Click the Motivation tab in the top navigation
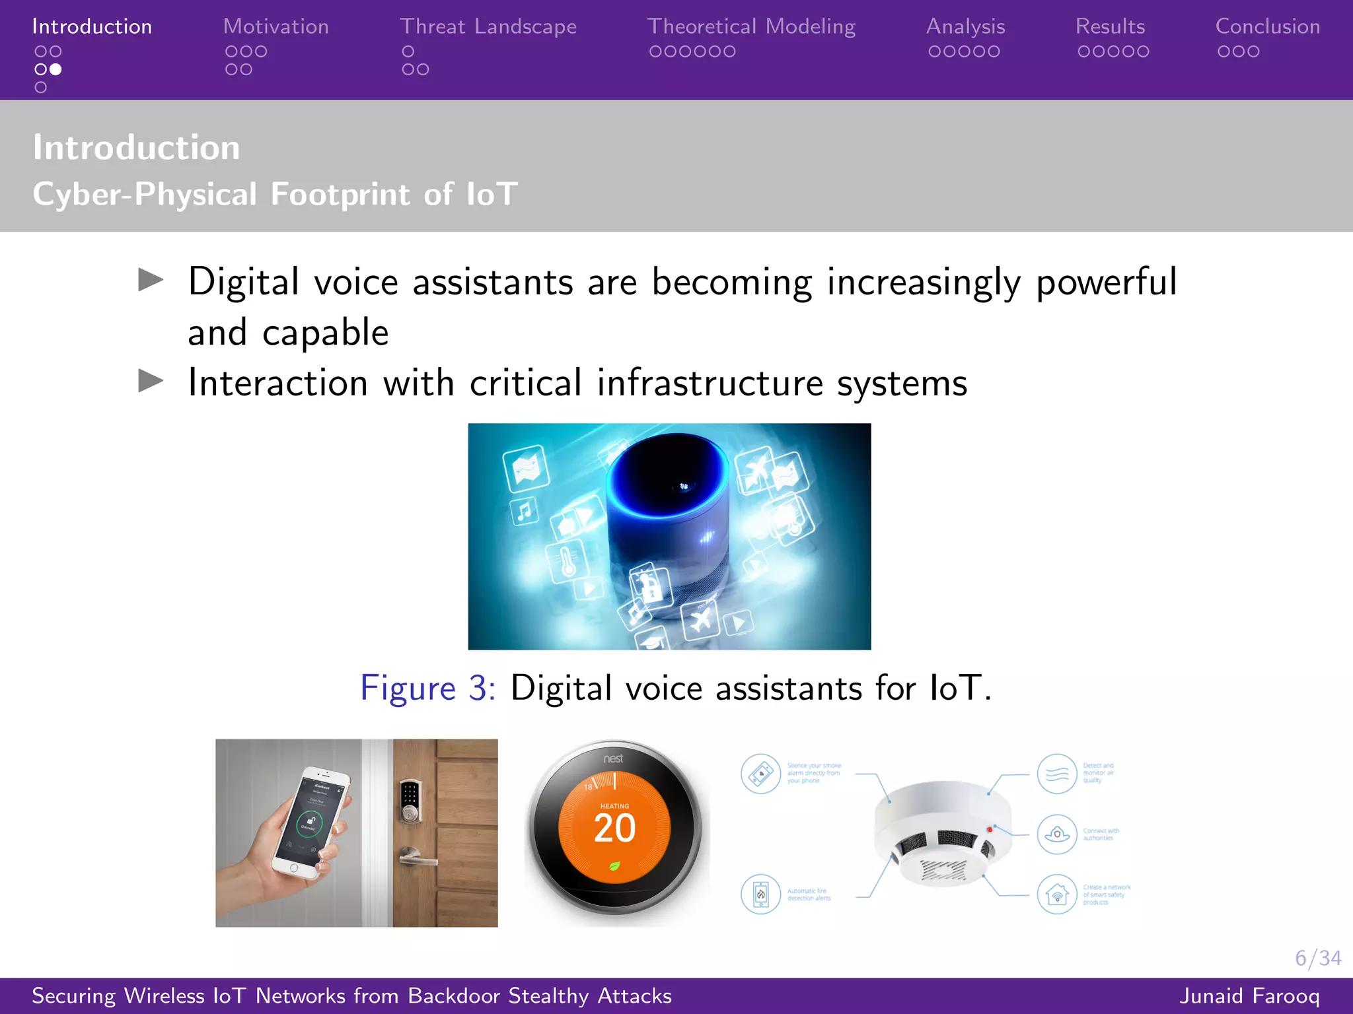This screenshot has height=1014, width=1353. pyautogui.click(x=275, y=26)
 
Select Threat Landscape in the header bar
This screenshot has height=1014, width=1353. pyautogui.click(x=488, y=26)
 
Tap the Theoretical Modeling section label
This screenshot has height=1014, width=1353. pyautogui.click(x=751, y=26)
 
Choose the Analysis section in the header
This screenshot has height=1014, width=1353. pyautogui.click(x=965, y=26)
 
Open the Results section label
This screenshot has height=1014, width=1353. pyautogui.click(x=1110, y=26)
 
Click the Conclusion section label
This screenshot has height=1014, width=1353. pyautogui.click(x=1267, y=26)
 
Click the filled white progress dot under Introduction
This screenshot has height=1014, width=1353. pyautogui.click(x=56, y=69)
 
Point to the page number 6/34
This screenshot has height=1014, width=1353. pyautogui.click(x=1317, y=958)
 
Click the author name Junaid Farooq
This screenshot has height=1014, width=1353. pyautogui.click(x=1249, y=996)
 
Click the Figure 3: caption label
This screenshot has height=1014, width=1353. pyautogui.click(x=427, y=688)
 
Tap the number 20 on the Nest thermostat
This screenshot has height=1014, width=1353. pyautogui.click(x=614, y=828)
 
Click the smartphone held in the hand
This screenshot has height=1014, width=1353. pyautogui.click(x=311, y=822)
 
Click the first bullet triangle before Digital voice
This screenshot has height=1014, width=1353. pyautogui.click(x=151, y=280)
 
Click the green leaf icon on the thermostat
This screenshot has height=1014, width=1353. pyautogui.click(x=614, y=866)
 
